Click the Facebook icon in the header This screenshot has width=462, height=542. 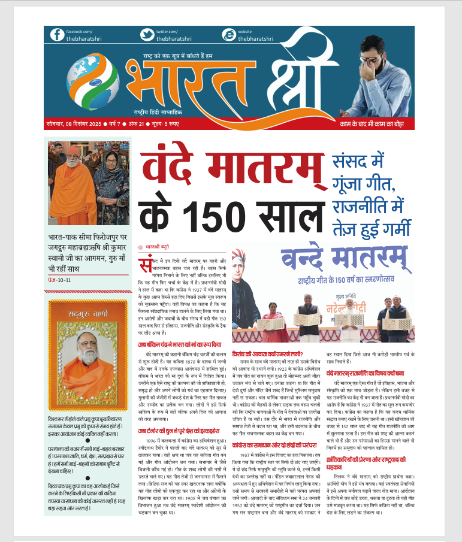pos(56,35)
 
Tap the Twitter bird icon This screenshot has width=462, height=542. pos(146,35)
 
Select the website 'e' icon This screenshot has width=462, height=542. pos(228,35)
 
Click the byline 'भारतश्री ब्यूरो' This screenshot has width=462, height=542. pos(159,247)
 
